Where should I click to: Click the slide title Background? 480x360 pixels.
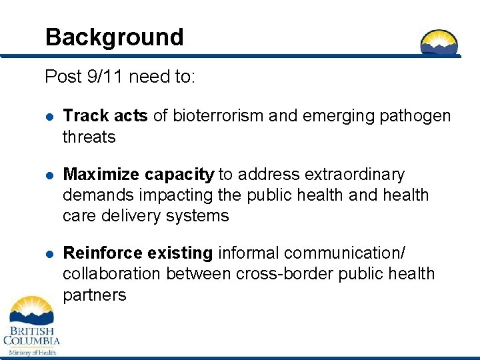(x=114, y=37)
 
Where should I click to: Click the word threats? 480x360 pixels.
(x=89, y=137)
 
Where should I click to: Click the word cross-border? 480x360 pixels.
(x=265, y=274)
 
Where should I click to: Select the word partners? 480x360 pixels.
(x=94, y=295)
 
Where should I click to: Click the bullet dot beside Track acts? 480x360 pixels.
(x=49, y=117)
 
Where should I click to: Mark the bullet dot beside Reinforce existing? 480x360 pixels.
(x=49, y=254)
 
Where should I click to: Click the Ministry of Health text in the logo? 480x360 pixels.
(x=31, y=352)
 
